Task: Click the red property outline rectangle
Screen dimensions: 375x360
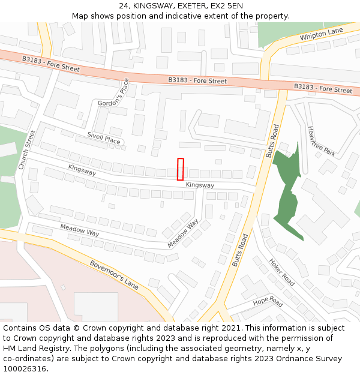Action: click(180, 169)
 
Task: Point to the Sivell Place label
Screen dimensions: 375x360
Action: click(103, 139)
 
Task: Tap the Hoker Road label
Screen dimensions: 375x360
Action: click(281, 272)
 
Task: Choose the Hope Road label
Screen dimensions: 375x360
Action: click(268, 301)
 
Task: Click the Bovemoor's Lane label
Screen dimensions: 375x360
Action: click(114, 275)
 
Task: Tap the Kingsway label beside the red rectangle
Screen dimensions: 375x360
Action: click(200, 185)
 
